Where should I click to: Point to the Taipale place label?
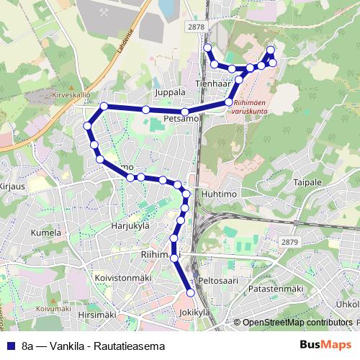click(307, 182)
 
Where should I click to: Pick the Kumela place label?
click(45, 233)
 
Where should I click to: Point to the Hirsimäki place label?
click(96, 315)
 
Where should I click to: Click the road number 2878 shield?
click(194, 27)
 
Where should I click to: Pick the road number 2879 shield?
click(289, 243)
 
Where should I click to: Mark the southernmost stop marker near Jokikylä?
click(191, 292)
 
